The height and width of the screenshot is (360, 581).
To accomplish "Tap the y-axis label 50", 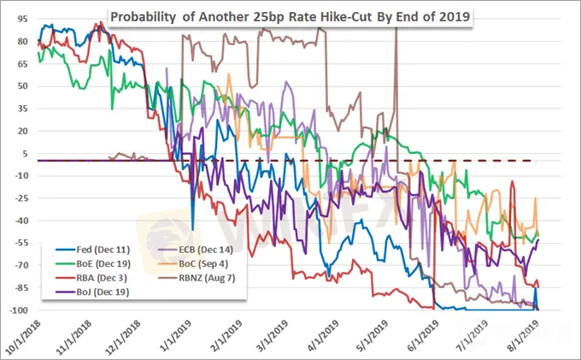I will coord(17,86).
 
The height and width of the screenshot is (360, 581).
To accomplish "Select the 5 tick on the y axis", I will coord(20,154).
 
